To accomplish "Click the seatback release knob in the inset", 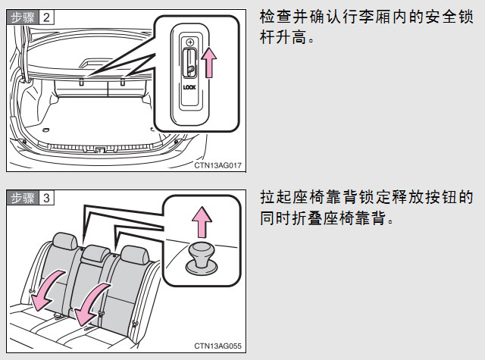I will pos(200,255).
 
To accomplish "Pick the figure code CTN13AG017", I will pos(217,164).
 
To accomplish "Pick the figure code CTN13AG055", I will pos(217,346).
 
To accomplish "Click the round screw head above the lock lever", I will pos(189,42).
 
